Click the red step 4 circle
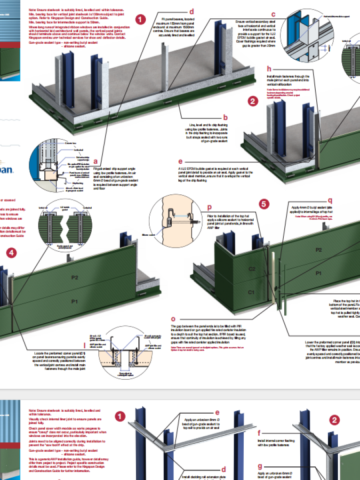[12, 252]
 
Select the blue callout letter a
[96, 160]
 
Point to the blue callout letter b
[225, 118]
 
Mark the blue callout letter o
[173, 318]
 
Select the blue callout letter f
[260, 432]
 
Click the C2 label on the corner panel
[252, 269]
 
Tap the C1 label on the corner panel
[252, 292]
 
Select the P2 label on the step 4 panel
[74, 278]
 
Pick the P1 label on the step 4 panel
[74, 301]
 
